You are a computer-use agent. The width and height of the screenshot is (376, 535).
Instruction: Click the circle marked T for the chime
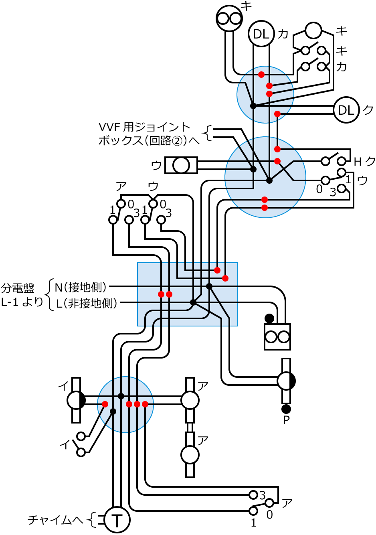[x=117, y=520]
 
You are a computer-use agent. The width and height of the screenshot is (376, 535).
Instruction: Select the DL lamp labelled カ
[x=261, y=34]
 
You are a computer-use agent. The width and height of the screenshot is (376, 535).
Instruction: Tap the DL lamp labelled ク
[x=346, y=109]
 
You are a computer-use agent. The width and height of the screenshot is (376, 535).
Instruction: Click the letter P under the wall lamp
[x=286, y=420]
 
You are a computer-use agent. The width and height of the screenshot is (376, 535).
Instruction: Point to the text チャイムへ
[x=55, y=520]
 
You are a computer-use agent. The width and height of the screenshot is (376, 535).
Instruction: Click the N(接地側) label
[x=81, y=287]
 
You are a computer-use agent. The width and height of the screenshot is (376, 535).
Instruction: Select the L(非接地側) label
[x=87, y=303]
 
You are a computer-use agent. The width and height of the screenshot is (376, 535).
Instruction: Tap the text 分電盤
[x=18, y=288]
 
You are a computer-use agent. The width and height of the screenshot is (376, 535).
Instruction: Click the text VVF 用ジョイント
[x=145, y=127]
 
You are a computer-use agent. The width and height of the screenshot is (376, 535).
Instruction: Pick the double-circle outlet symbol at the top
[x=229, y=18]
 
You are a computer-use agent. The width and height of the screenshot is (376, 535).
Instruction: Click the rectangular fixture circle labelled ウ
[x=181, y=165]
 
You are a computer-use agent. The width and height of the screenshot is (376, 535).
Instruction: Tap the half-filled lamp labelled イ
[x=76, y=400]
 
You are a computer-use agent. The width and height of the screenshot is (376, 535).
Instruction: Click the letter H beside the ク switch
[x=358, y=162]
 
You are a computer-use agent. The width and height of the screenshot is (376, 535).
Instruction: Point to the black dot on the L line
[x=193, y=302]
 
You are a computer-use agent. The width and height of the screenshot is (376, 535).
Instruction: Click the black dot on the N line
[x=209, y=286]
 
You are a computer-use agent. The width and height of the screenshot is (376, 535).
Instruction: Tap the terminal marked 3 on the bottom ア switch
[x=253, y=494]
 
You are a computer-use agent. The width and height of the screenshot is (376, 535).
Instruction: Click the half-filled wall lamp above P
[x=286, y=381]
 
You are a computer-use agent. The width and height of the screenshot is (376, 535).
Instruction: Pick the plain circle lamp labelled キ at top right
[x=313, y=30]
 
